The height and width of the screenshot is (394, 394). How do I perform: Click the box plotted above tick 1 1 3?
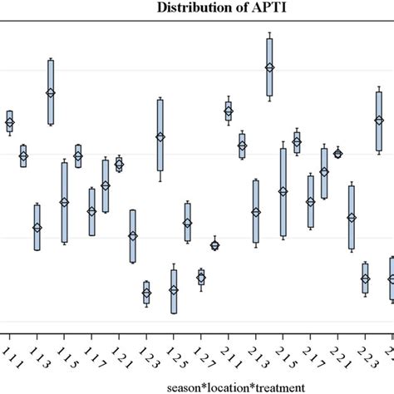(x=37, y=227)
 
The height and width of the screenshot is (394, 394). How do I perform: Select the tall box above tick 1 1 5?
(x=64, y=202)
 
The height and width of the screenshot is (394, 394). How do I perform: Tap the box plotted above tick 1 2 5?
(x=174, y=290)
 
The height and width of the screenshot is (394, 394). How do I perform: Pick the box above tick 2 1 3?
(x=256, y=212)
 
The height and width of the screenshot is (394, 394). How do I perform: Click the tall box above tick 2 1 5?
(x=283, y=192)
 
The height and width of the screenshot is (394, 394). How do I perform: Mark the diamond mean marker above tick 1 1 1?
(x=10, y=123)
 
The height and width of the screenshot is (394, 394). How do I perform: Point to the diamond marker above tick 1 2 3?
(x=146, y=293)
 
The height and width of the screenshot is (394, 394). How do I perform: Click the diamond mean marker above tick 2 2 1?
(x=337, y=153)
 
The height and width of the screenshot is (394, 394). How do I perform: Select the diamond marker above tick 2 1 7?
(x=310, y=201)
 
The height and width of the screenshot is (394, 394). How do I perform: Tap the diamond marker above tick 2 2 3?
(x=365, y=279)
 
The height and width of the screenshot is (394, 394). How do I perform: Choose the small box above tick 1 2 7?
(x=201, y=278)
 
